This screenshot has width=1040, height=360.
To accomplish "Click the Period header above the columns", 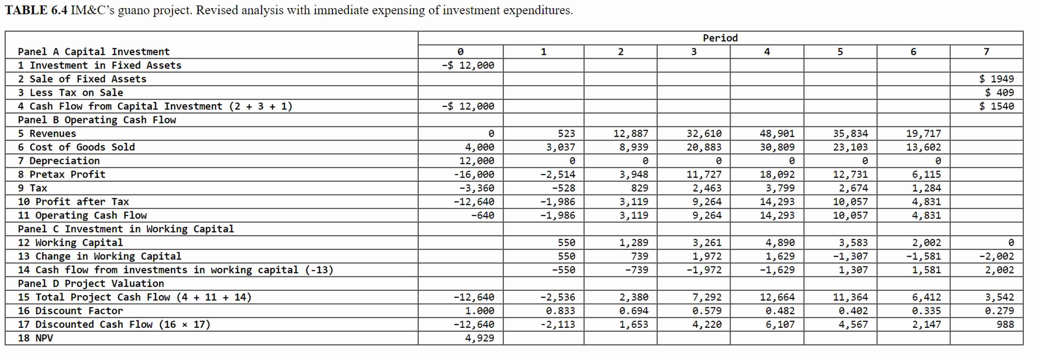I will click(x=720, y=38).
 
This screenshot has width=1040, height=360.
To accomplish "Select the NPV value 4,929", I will click(x=479, y=338).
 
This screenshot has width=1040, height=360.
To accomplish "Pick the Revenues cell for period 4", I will click(x=777, y=134).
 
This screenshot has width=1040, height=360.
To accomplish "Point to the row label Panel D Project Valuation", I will click(x=91, y=283).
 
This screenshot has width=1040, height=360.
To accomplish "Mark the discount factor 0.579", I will click(x=707, y=311).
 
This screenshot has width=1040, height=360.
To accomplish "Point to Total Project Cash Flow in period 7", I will click(x=999, y=297).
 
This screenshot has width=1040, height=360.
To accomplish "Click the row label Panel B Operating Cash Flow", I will click(x=97, y=120).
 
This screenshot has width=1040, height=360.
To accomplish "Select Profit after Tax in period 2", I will click(x=634, y=202).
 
